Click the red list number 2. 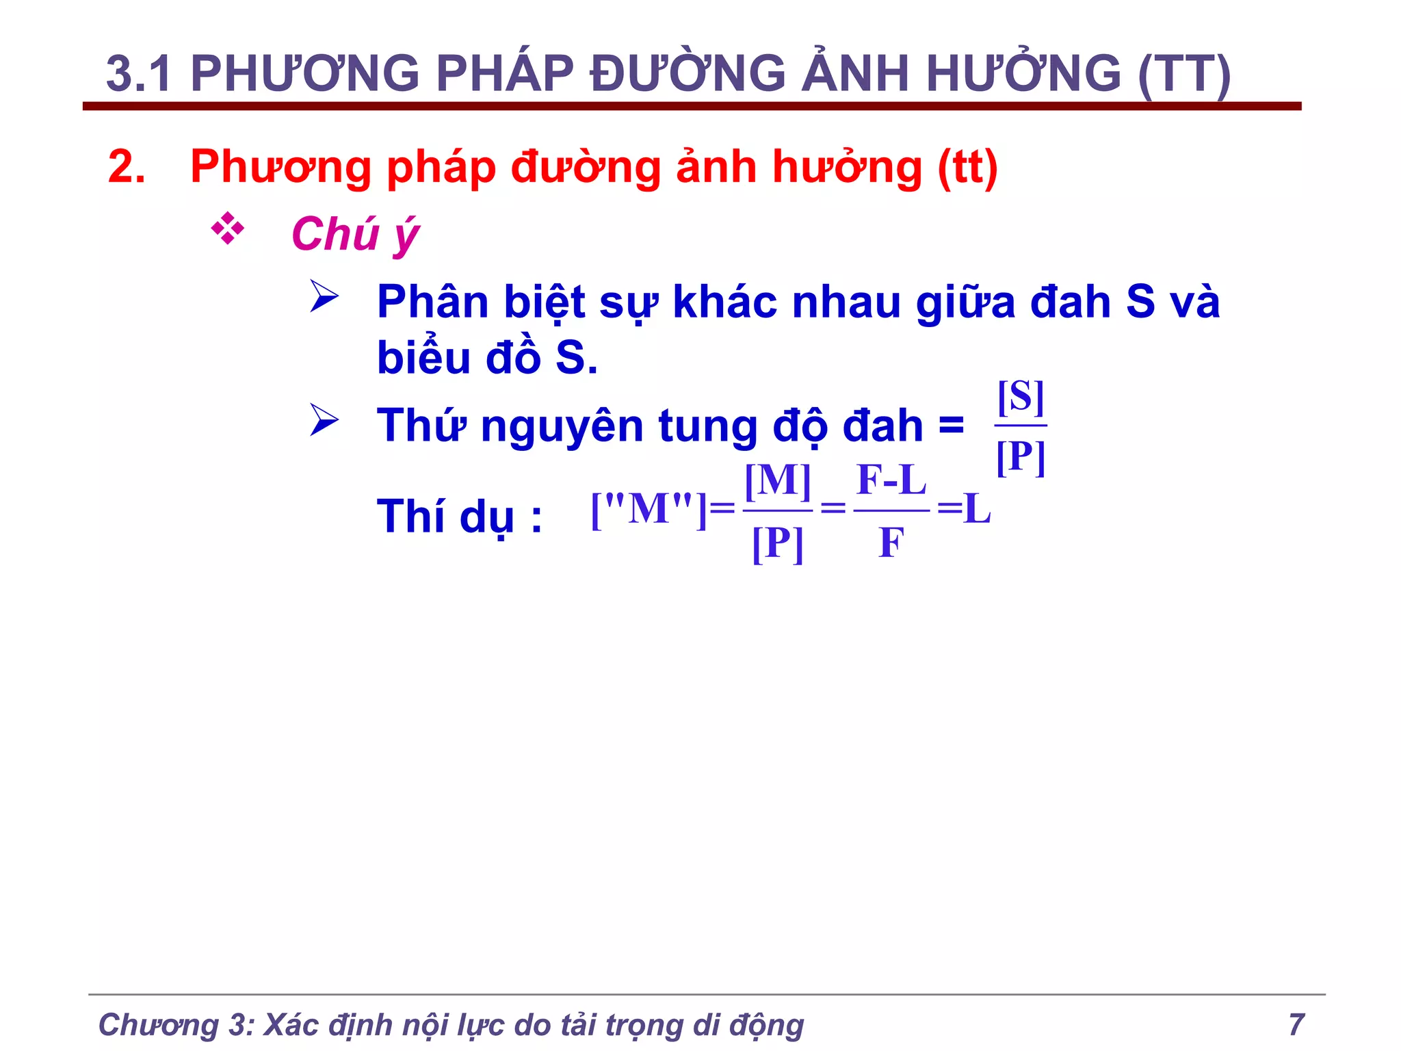127,166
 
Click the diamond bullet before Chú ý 228,230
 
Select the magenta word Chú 335,234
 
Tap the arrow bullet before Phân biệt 324,296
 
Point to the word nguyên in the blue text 562,426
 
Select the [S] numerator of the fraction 1021,397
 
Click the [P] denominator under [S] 1021,456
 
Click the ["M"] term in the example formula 648,510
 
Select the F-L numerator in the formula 891,480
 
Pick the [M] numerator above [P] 778,481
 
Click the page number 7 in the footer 1296,1024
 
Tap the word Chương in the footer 158,1025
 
